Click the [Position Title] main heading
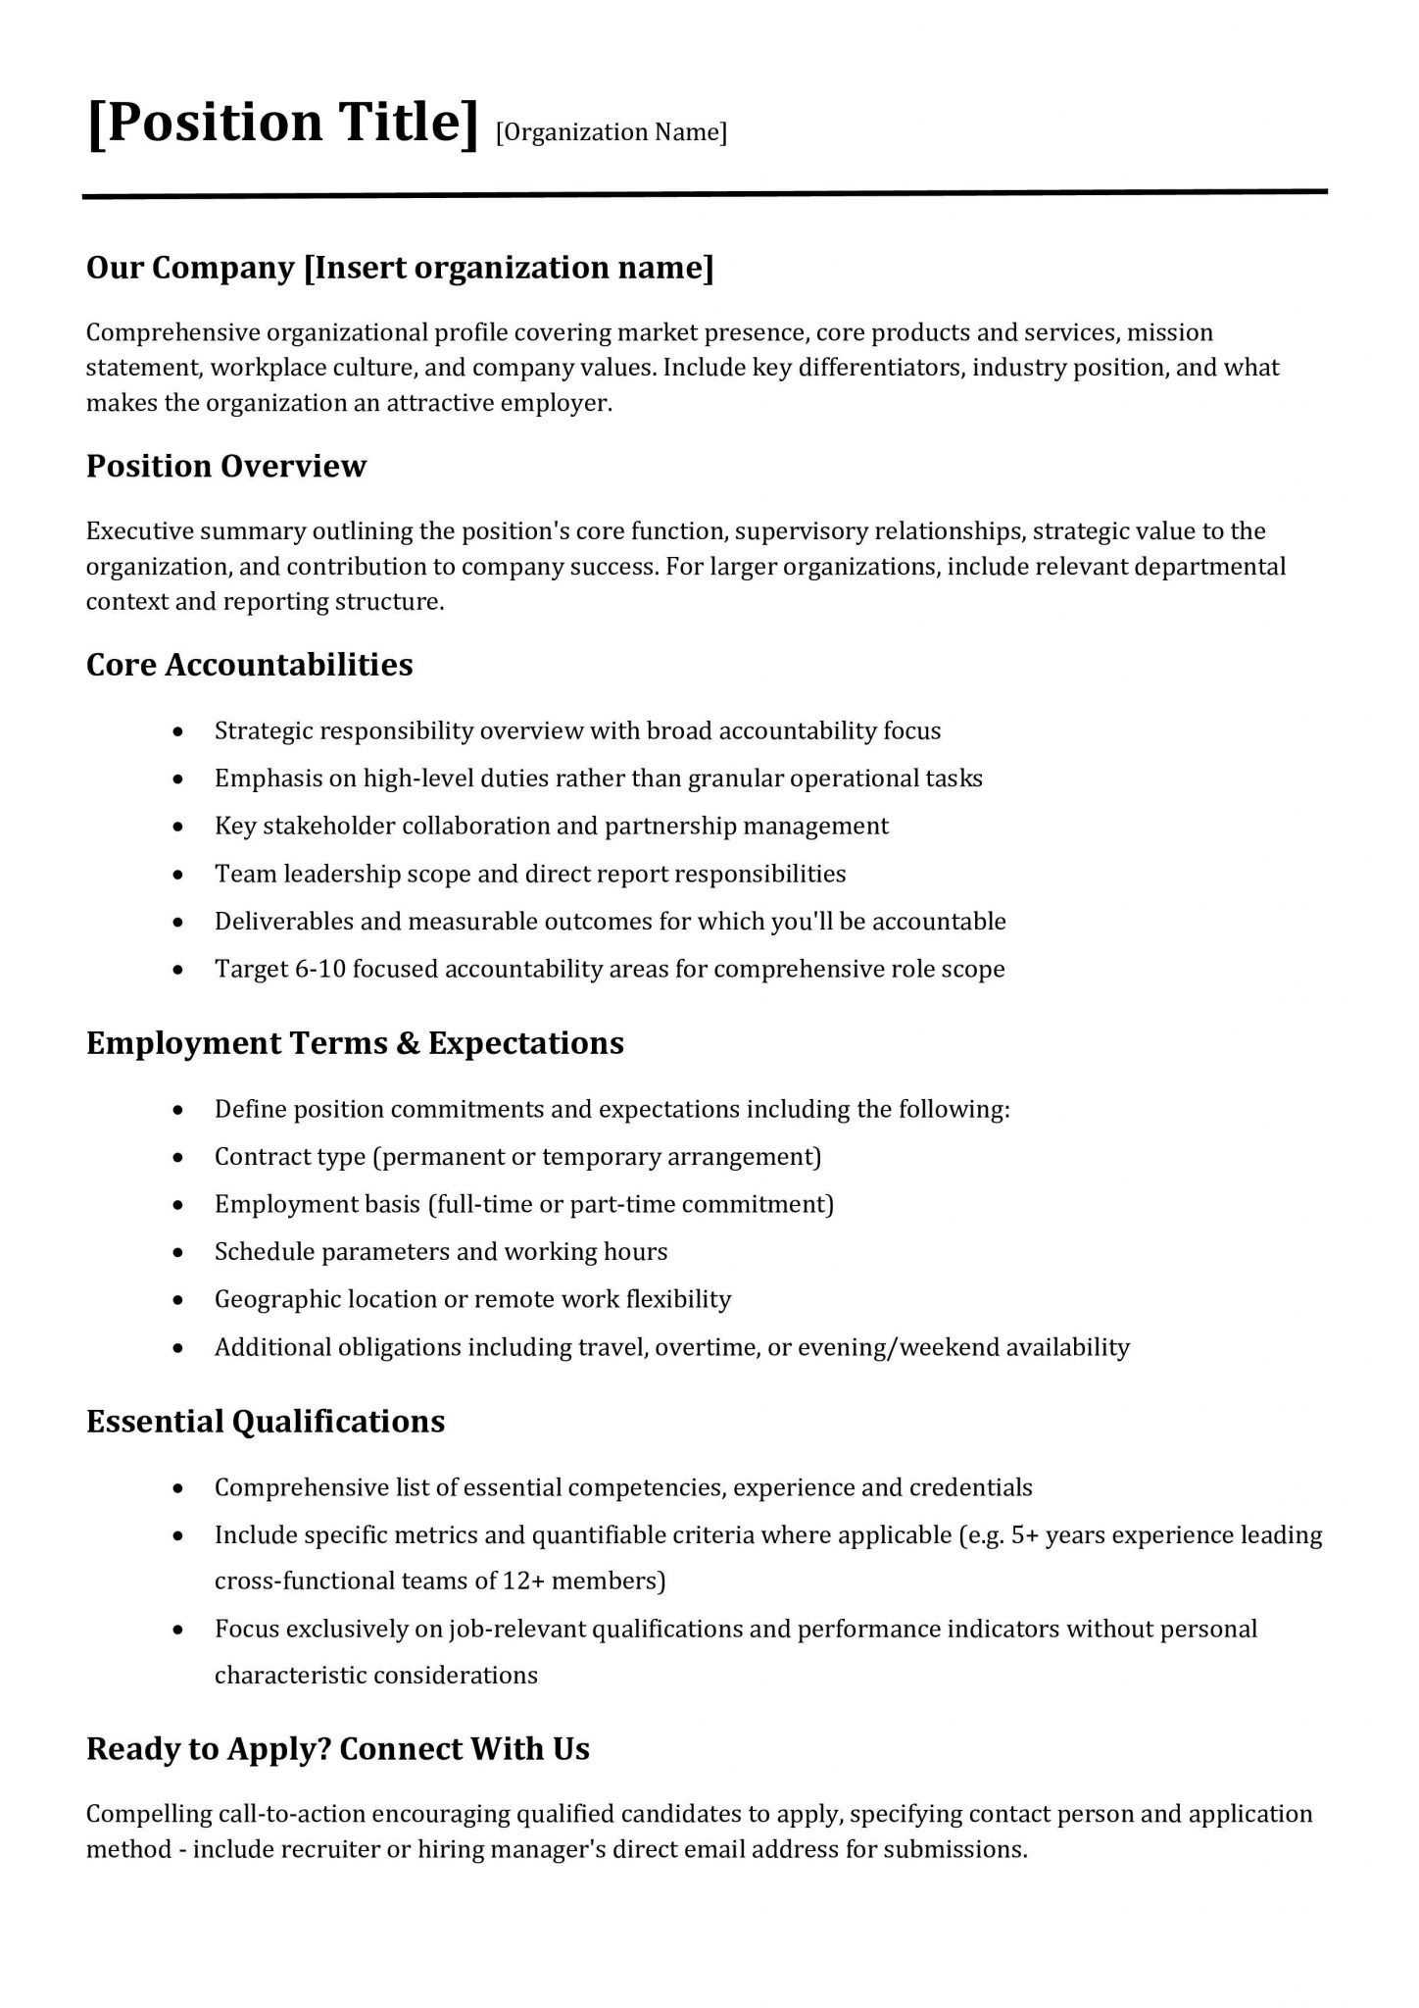282,123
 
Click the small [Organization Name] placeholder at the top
612,132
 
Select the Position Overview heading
226,466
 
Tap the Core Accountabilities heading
250,665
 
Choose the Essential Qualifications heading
266,1422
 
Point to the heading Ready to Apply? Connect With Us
338,1749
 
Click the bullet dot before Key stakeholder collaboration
177,828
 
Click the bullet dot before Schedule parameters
177,1253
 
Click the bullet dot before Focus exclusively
177,1631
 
